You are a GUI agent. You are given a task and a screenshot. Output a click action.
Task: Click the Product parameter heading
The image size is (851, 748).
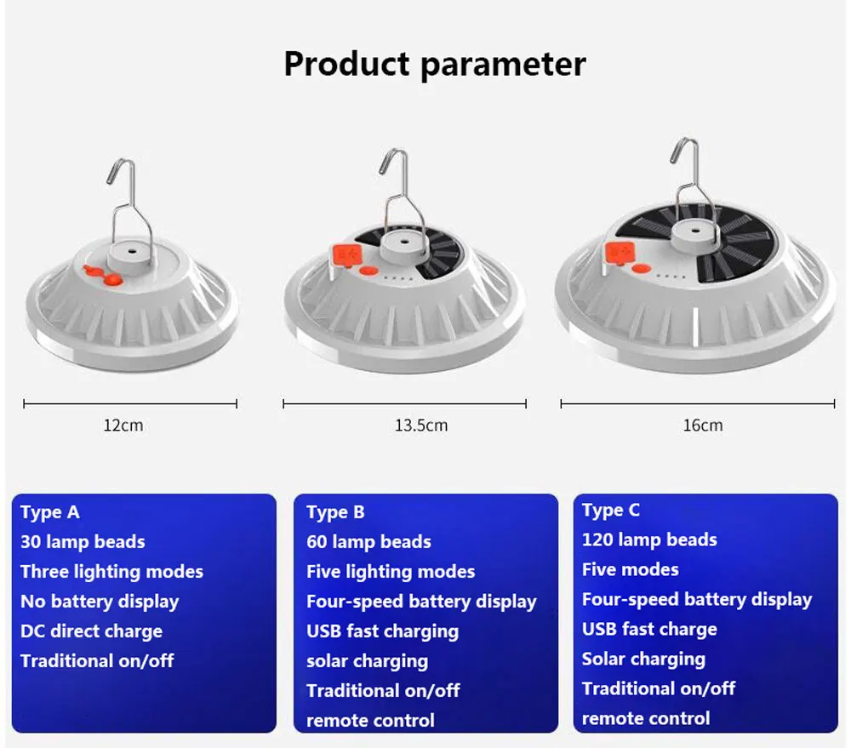click(x=434, y=65)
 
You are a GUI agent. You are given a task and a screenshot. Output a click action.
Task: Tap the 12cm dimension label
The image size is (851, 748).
click(x=123, y=425)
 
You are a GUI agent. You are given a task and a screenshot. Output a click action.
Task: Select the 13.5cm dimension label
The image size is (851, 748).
click(x=420, y=425)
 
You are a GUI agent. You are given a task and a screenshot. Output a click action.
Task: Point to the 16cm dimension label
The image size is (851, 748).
click(x=702, y=425)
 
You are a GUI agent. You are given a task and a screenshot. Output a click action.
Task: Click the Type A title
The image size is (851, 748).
click(x=50, y=512)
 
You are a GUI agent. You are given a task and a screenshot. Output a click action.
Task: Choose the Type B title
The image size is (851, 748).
click(x=335, y=512)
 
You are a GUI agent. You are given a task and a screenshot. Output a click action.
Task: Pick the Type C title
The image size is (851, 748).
click(x=610, y=511)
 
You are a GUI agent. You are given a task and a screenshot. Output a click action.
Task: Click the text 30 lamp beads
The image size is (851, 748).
click(x=83, y=542)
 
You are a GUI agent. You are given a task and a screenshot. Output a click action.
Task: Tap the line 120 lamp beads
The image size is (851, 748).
click(x=649, y=540)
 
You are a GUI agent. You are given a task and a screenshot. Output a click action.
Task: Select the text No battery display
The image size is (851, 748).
click(x=100, y=602)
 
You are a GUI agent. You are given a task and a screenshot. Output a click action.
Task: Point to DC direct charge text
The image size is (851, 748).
click(x=91, y=631)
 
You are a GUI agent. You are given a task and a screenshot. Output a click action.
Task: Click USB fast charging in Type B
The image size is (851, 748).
click(x=382, y=631)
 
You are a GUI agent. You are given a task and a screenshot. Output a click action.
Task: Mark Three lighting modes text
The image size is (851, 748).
click(x=111, y=572)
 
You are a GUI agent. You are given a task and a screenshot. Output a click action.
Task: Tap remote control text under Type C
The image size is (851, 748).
click(x=645, y=718)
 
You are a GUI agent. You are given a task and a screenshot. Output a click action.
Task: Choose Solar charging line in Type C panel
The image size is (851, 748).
click(x=643, y=659)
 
